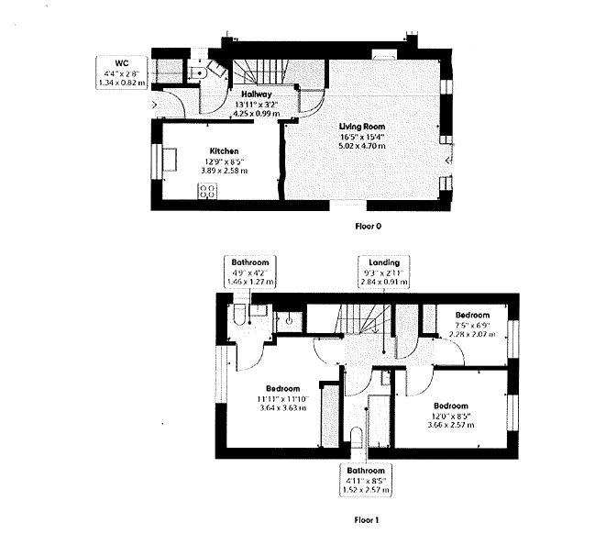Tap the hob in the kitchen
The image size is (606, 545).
[x=208, y=192]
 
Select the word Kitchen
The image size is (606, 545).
[x=224, y=150]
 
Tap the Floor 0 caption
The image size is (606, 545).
[x=368, y=223]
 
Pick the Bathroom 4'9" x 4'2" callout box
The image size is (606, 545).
[x=248, y=272]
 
